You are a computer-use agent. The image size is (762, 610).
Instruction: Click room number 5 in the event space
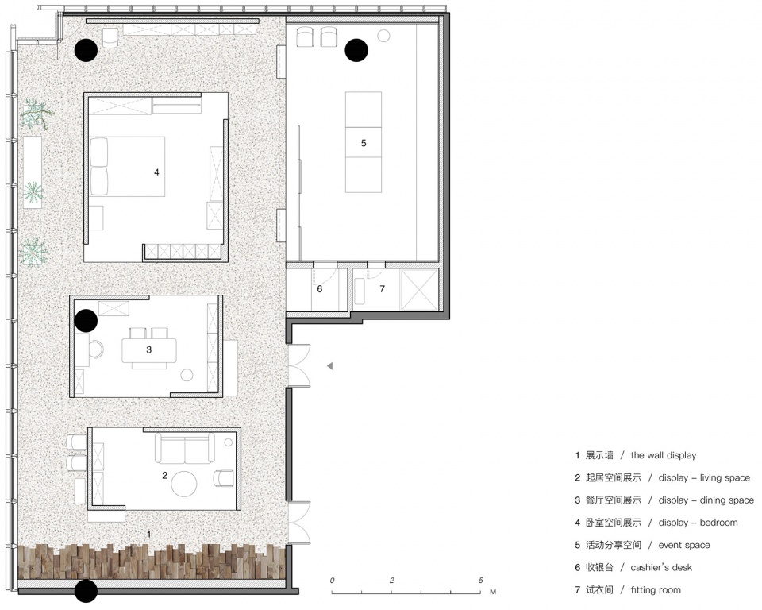tap(364, 143)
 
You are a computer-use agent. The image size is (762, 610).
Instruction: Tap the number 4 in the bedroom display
tap(156, 172)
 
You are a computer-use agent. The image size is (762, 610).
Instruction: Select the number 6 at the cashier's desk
tap(319, 289)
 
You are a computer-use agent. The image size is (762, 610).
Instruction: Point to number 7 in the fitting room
tap(382, 289)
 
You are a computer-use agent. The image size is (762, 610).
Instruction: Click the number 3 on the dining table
tap(148, 349)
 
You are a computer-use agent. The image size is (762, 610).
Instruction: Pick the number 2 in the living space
tap(164, 475)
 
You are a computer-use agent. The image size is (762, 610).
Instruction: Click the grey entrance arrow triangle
tap(330, 366)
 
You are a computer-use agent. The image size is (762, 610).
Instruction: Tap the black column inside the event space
tap(356, 50)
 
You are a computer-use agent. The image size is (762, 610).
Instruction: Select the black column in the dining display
tap(87, 321)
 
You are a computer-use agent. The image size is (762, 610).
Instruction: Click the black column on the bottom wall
tap(87, 591)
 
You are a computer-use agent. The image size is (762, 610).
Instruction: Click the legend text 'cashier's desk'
tap(661, 567)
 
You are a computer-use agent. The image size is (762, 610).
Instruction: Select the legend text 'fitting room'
tap(656, 590)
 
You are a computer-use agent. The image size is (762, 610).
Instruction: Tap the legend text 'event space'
tap(684, 546)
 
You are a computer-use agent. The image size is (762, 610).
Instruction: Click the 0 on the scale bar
tap(332, 581)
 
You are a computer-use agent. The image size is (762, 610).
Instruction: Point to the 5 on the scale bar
tap(481, 581)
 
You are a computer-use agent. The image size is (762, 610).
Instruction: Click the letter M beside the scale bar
tap(493, 592)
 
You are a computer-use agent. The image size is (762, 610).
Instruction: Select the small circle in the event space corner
tap(384, 36)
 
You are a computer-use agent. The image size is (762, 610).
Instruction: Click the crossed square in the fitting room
tap(419, 289)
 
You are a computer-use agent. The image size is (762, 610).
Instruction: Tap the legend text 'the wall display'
tap(664, 455)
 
